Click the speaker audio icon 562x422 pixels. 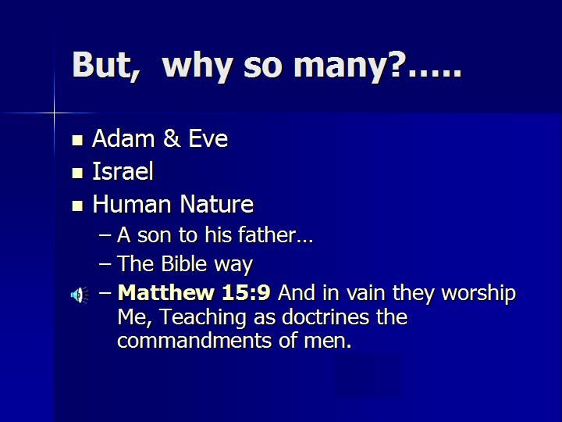pos(80,295)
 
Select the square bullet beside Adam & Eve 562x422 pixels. pos(77,140)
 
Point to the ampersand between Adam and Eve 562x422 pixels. pos(172,138)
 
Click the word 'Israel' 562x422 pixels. pos(123,171)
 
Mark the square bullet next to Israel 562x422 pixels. pos(77,173)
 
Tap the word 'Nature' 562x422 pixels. pos(216,204)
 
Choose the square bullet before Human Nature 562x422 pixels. pos(77,206)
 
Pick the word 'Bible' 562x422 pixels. pos(184,264)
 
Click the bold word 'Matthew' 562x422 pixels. pos(166,292)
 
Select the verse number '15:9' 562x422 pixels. pos(246,292)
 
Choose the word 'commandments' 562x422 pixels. pos(194,340)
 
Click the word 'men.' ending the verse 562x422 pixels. pos(328,342)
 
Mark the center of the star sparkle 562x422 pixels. pos(55,113)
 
